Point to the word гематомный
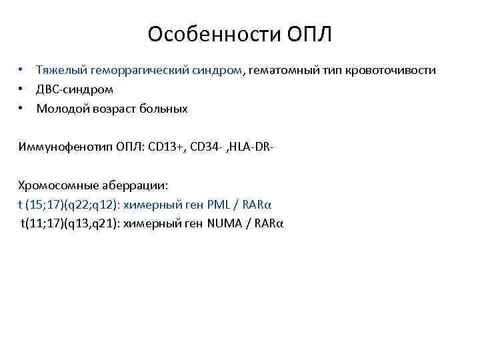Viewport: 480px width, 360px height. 283,70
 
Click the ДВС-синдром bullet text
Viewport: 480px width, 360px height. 75,89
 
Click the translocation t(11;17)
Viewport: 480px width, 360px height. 41,222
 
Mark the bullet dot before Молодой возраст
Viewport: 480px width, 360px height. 21,107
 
